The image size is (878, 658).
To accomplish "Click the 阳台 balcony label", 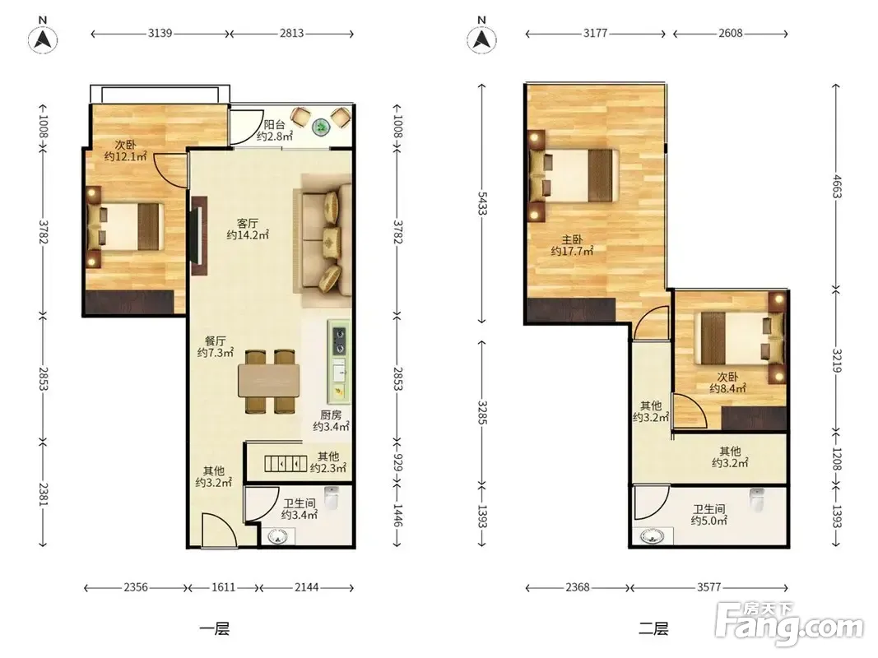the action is coord(274,125).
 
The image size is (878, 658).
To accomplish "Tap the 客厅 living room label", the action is coord(248,223).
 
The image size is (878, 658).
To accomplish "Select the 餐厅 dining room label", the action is coord(216,341).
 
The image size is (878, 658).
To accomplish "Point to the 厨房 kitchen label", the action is coord(331,415).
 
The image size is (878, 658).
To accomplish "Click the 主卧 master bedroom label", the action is coord(572,240).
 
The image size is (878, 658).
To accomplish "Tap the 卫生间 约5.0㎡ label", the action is coord(708,515).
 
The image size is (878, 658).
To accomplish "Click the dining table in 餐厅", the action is coord(269,381).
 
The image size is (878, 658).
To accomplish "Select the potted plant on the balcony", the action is coord(322,128).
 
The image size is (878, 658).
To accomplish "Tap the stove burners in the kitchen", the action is coord(339,341).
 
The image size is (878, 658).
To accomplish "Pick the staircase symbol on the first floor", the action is coord(286,464).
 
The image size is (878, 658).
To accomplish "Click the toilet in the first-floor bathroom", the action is coord(332,498).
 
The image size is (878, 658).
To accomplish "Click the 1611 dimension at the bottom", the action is coord(224,587).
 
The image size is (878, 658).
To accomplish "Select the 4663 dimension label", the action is coord(837,187).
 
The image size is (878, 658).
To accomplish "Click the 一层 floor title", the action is coord(215,629).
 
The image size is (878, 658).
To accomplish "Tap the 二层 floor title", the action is coord(653,629).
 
